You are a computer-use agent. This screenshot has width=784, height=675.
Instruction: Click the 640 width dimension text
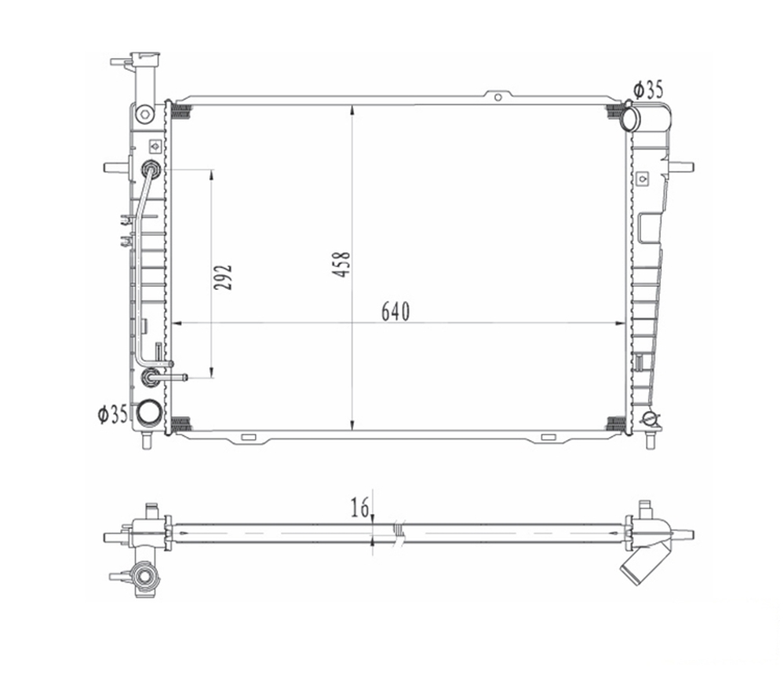click(x=395, y=311)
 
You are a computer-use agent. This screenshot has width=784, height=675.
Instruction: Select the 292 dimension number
click(x=223, y=277)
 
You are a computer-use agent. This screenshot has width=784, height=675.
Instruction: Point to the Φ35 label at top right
click(x=648, y=90)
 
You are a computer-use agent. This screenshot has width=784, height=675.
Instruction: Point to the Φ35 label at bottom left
click(x=113, y=414)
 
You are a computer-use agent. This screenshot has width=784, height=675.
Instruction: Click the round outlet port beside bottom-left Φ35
click(x=149, y=413)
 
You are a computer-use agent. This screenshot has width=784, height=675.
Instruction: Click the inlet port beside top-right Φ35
click(x=630, y=119)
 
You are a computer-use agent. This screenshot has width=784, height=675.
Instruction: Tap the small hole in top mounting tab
click(x=498, y=97)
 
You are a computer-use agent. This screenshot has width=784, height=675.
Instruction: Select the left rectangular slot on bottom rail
click(x=249, y=437)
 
